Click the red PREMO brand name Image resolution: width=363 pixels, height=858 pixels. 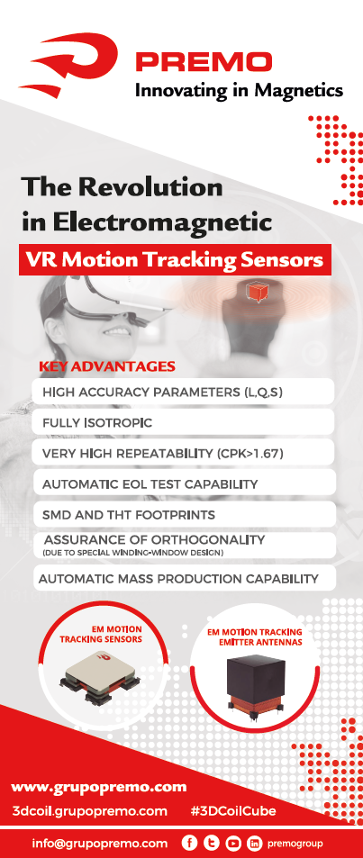[204, 61]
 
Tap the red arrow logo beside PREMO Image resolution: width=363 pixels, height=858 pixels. [69, 63]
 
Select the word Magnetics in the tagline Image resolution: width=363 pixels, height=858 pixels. [299, 90]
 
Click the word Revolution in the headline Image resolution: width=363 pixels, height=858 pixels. [151, 187]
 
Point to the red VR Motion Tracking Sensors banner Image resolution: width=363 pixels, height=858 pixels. [176, 259]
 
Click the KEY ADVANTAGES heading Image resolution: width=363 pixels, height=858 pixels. [107, 366]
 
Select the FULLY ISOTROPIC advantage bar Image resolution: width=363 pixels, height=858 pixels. [184, 422]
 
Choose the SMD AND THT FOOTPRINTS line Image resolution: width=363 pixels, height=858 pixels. [129, 515]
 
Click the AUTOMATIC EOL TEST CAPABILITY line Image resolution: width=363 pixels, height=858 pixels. [150, 484]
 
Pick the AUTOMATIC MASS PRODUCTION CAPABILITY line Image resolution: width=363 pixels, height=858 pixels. [178, 578]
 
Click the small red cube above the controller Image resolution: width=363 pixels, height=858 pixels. [256, 292]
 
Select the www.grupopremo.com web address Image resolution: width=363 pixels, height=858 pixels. [98, 788]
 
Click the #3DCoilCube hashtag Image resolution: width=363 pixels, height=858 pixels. [233, 811]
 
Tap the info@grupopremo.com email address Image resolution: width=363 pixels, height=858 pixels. [100, 844]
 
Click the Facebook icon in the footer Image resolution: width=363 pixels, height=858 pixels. [189, 844]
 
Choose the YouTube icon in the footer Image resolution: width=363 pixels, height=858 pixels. [233, 844]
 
